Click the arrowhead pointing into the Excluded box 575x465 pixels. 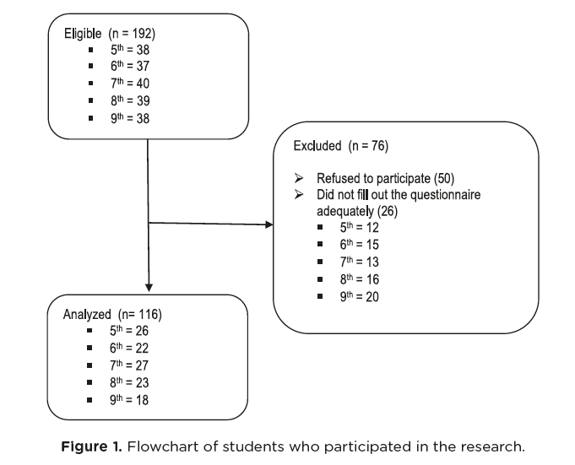click(x=270, y=225)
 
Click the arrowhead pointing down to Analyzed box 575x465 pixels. click(x=149, y=289)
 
